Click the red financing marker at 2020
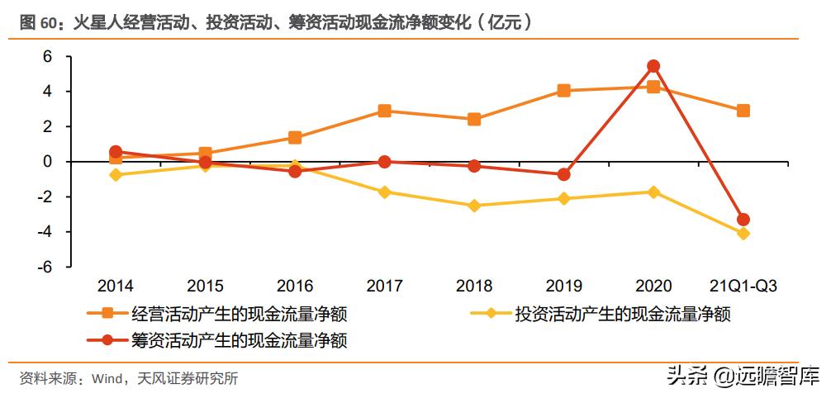[653, 66]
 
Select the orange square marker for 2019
[563, 91]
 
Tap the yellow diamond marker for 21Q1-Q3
[743, 234]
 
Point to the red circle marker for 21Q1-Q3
[743, 220]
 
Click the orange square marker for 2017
[384, 111]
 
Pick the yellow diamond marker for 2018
[474, 206]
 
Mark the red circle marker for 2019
[563, 174]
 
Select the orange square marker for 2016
[295, 138]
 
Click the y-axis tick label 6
[47, 56]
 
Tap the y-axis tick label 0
[47, 162]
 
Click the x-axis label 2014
[116, 287]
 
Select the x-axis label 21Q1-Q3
[743, 287]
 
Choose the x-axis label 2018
[474, 287]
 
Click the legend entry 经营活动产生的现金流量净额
[239, 314]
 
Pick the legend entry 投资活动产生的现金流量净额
[623, 314]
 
